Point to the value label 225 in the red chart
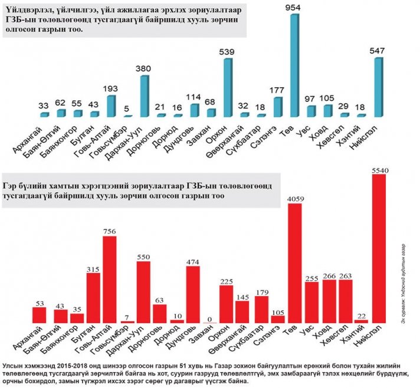pyautogui.click(x=226, y=281)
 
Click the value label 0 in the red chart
pyautogui.click(x=209, y=319)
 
